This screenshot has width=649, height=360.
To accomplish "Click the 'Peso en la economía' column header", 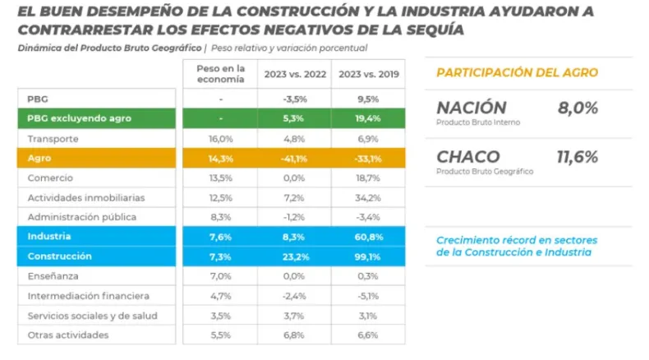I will [221, 73].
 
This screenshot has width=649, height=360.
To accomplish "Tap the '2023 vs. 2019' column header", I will [367, 74].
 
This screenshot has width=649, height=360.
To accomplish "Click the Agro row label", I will [40, 159].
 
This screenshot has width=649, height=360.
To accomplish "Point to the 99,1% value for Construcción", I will [367, 256].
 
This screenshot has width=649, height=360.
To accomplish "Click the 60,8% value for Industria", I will [367, 238].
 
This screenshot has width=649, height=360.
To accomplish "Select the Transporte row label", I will [53, 139].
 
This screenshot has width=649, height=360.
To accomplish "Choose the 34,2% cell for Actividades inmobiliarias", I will [367, 198].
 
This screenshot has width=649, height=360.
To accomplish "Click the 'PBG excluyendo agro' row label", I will [79, 118].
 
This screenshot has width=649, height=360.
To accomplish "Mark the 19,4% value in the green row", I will [367, 118].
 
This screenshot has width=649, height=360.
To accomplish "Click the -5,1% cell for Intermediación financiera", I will [367, 296].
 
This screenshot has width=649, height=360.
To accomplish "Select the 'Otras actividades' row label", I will [67, 335].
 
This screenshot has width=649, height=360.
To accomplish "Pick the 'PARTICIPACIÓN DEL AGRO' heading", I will [517, 72].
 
